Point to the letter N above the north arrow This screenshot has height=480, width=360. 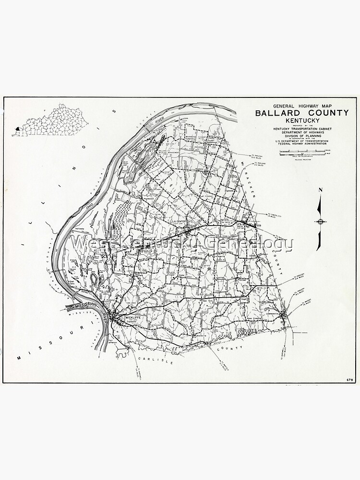(x=320, y=191)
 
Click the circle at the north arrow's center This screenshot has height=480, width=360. (x=320, y=221)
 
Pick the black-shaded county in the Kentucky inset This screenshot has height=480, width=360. (x=17, y=129)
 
